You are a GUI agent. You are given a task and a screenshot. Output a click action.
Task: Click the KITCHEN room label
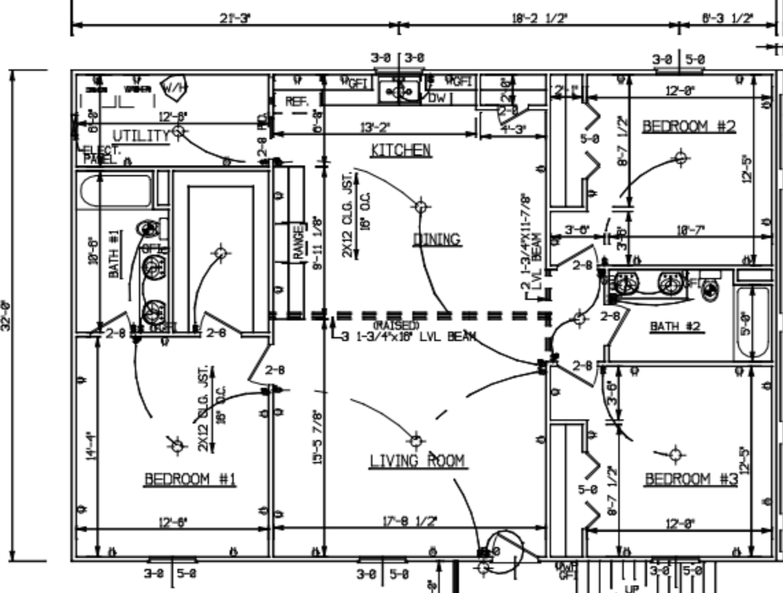400,149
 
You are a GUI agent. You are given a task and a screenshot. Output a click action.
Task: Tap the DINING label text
437,238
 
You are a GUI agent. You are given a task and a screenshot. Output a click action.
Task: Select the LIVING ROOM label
417,461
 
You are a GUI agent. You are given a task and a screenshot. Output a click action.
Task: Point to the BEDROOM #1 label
190,479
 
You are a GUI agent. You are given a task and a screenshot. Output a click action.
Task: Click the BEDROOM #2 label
689,126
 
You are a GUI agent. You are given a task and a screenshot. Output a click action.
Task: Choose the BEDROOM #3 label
691,479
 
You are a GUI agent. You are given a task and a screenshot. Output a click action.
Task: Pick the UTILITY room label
140,136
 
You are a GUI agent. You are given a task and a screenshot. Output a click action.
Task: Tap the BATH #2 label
675,326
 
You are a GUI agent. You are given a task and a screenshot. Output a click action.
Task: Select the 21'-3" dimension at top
235,17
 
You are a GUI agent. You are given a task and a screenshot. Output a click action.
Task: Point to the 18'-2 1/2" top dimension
539,17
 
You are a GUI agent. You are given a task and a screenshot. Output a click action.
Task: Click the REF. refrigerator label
297,101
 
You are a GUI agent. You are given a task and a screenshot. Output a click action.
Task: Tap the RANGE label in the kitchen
298,243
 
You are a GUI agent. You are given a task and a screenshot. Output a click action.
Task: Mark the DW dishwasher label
437,98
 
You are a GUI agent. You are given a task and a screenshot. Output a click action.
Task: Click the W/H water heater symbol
174,87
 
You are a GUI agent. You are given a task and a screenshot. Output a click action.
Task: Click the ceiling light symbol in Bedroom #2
680,158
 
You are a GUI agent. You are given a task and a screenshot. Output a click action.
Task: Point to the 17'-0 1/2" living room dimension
409,521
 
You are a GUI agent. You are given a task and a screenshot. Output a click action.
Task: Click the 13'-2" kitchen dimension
375,128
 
